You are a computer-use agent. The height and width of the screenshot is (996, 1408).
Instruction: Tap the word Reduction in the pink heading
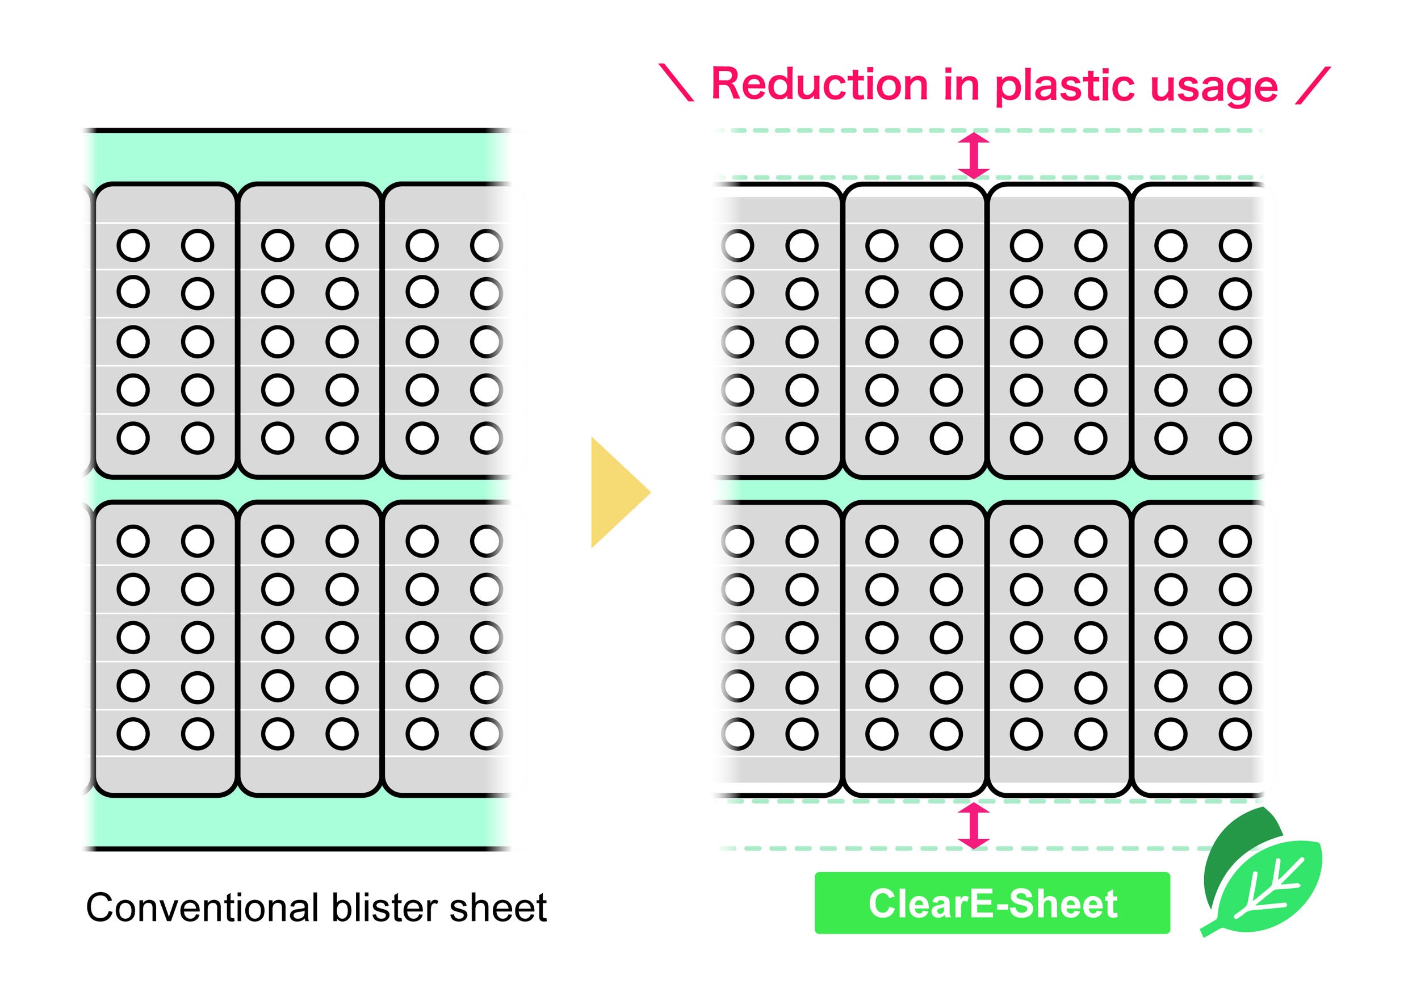click(x=819, y=84)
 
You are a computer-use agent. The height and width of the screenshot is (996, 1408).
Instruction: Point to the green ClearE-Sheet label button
click(x=992, y=903)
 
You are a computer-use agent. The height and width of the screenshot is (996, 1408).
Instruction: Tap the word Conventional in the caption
click(x=202, y=907)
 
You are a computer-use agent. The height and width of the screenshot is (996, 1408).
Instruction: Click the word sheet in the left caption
click(x=497, y=907)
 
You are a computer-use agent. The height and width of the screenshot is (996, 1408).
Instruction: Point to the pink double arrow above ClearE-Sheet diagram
click(x=974, y=155)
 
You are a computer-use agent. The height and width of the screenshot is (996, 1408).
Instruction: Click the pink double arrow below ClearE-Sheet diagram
click(x=974, y=826)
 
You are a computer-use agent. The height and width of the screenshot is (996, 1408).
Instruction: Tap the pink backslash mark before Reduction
click(x=676, y=82)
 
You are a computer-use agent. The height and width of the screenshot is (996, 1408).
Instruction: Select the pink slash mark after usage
click(x=1312, y=85)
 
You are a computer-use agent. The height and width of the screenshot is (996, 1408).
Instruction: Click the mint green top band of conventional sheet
click(x=294, y=157)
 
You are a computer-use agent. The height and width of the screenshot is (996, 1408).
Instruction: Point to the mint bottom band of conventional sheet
click(x=294, y=822)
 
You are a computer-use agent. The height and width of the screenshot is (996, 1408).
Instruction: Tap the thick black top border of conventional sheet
click(x=294, y=131)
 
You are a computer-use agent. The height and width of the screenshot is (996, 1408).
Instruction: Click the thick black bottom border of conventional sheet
click(x=294, y=849)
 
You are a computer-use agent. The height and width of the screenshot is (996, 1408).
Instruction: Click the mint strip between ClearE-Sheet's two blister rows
click(x=987, y=490)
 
